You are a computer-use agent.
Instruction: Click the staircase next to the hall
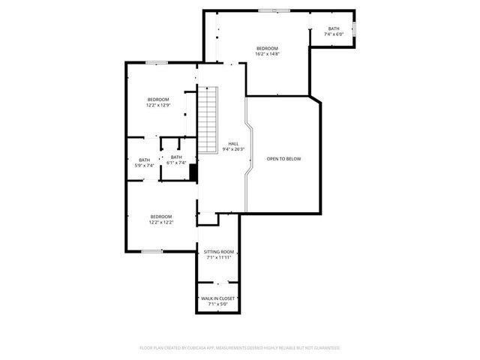pyautogui.click(x=207, y=120)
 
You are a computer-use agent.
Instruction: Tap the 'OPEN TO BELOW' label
pyautogui.click(x=283, y=158)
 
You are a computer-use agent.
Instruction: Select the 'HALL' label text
pyautogui.click(x=233, y=143)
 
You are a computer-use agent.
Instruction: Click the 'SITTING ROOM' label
pyautogui.click(x=219, y=252)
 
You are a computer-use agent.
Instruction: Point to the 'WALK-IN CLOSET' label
pyautogui.click(x=218, y=298)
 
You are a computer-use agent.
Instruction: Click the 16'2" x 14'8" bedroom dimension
pyautogui.click(x=267, y=54)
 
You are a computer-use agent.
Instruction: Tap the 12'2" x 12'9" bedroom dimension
pyautogui.click(x=158, y=105)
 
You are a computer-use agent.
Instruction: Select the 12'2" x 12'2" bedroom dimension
pyautogui.click(x=161, y=221)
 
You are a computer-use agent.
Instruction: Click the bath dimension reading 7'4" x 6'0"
pyautogui.click(x=333, y=34)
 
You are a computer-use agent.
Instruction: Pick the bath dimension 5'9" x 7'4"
pyautogui.click(x=144, y=165)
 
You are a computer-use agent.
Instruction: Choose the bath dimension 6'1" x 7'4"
pyautogui.click(x=175, y=163)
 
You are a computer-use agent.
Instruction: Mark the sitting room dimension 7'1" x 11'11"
pyautogui.click(x=219, y=258)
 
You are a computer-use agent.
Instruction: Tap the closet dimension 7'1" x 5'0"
pyautogui.click(x=218, y=304)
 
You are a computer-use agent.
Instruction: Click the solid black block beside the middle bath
pyautogui.click(x=193, y=172)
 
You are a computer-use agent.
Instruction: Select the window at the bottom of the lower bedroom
pyautogui.click(x=152, y=251)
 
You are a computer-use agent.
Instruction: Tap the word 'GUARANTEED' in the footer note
pyautogui.click(x=326, y=348)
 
